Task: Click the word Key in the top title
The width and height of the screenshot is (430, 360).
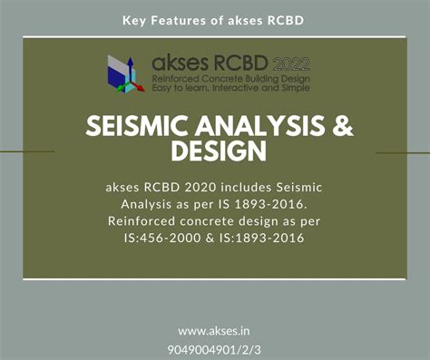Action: [134, 20]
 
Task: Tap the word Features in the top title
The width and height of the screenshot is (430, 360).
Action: [180, 20]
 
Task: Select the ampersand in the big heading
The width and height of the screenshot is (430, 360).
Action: [341, 126]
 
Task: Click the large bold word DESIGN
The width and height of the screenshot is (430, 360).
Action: [214, 151]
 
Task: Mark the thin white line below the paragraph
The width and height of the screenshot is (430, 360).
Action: [214, 278]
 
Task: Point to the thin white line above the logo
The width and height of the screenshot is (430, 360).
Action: [214, 37]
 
